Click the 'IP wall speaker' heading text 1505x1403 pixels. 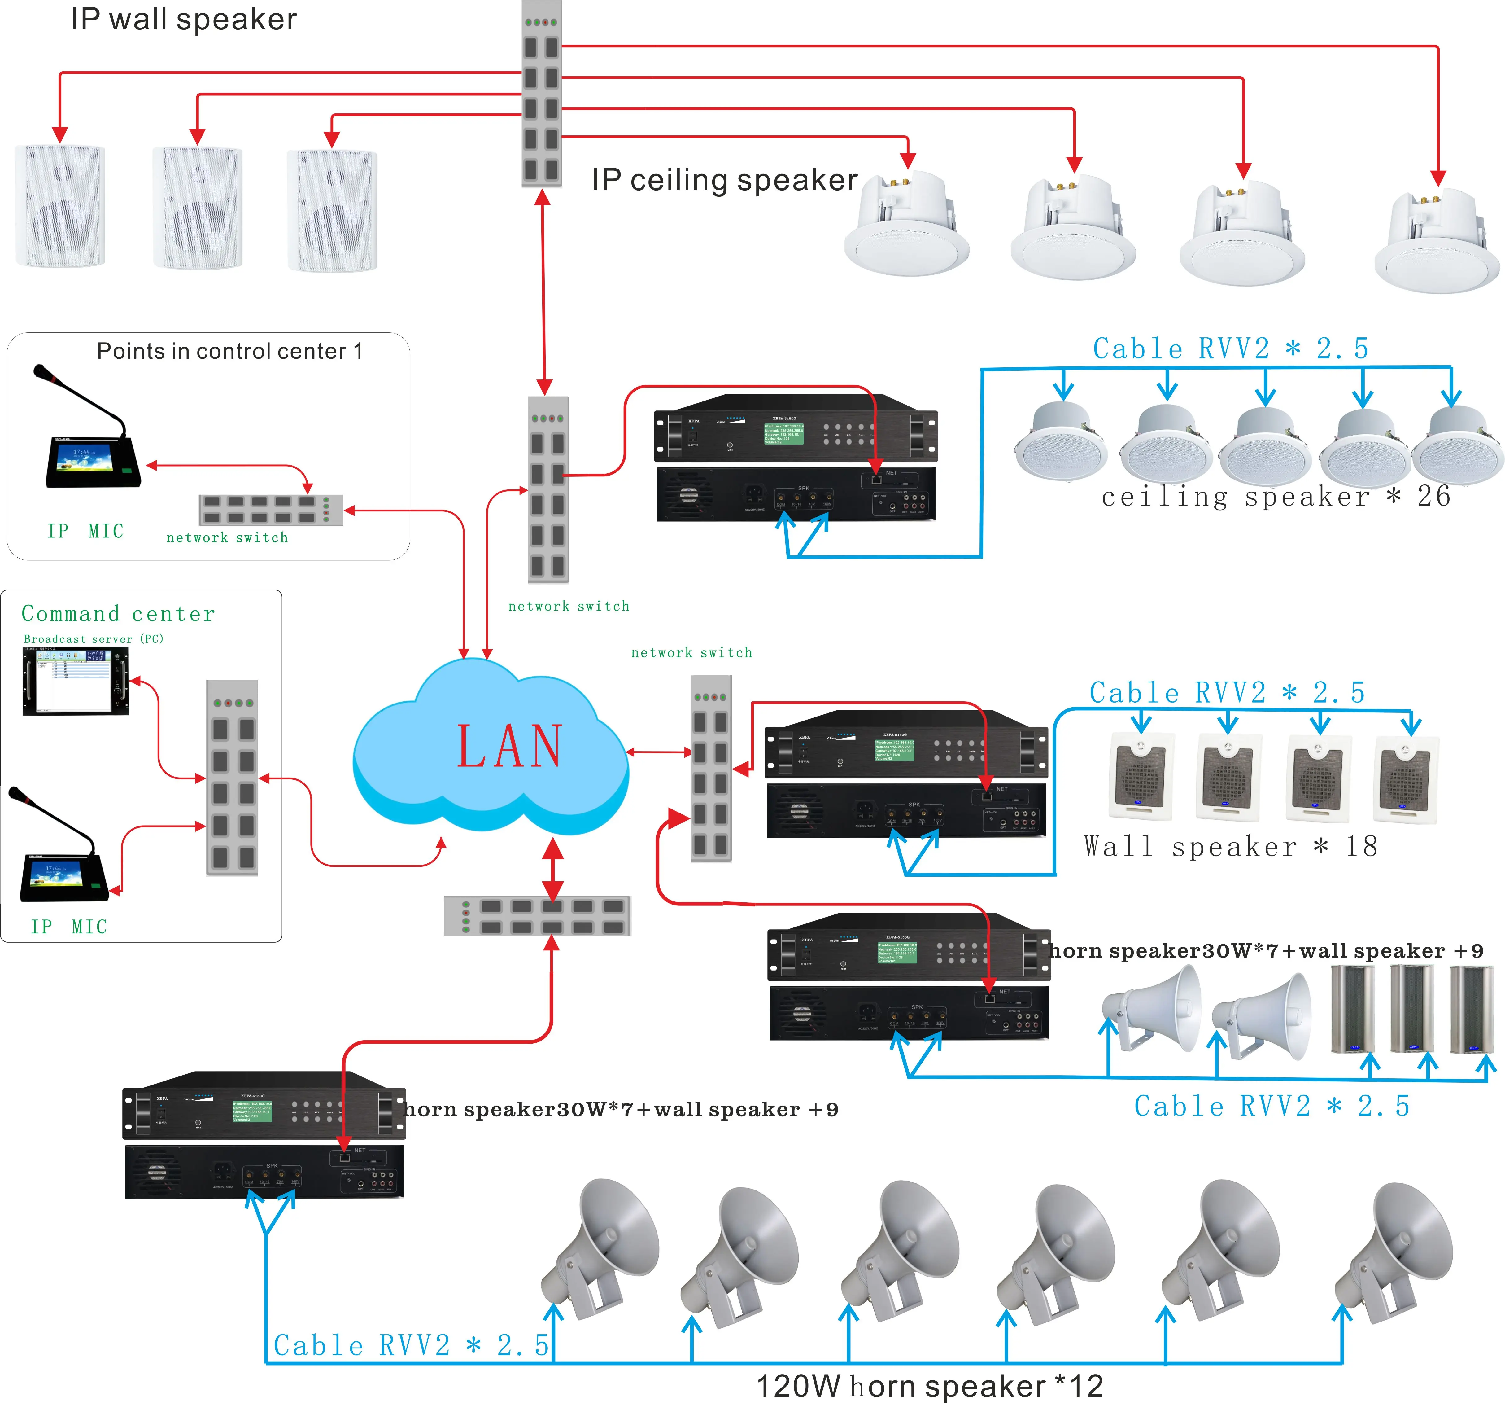point(184,19)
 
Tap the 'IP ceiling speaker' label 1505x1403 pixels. point(725,180)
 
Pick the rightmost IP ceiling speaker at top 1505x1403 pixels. point(1436,239)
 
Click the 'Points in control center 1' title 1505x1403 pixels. point(229,351)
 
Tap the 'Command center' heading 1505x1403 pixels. point(118,613)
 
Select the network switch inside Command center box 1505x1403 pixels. point(233,778)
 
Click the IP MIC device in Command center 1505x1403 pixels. point(61,856)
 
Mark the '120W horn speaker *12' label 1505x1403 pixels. point(930,1386)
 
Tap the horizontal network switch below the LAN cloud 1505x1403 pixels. point(537,915)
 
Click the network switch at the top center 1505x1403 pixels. point(541,95)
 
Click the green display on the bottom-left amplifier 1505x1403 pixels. point(252,1111)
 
